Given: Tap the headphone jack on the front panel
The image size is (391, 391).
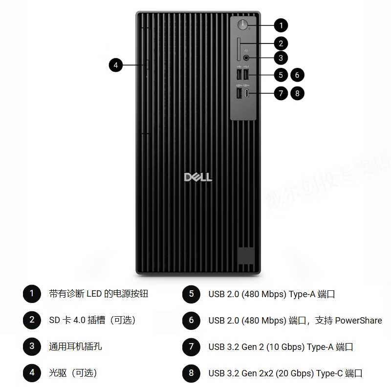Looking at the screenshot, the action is [246, 58].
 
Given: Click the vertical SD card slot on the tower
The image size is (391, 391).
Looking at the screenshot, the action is [238, 49].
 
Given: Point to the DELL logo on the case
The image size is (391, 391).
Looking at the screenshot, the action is [198, 176].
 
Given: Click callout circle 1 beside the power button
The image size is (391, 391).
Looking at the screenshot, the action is [281, 25].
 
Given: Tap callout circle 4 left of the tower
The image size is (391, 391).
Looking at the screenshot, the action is [116, 65].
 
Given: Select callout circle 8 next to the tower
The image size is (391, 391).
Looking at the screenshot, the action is [297, 93].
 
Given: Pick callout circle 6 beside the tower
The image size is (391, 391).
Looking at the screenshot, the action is [297, 75].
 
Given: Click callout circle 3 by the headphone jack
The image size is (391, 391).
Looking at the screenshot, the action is [281, 58].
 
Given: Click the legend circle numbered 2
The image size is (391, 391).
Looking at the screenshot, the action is [32, 320].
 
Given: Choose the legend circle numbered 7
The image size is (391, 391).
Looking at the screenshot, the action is [191, 347].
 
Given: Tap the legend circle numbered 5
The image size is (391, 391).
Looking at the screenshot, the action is [191, 294].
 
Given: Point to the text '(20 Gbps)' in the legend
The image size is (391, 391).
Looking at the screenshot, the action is [295, 373].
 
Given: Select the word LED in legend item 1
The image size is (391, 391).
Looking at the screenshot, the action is [94, 294].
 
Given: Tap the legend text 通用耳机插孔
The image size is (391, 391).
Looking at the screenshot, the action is [76, 347].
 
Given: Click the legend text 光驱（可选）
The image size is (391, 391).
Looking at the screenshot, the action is [73, 373].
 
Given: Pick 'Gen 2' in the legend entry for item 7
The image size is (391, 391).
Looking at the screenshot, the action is [254, 347].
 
